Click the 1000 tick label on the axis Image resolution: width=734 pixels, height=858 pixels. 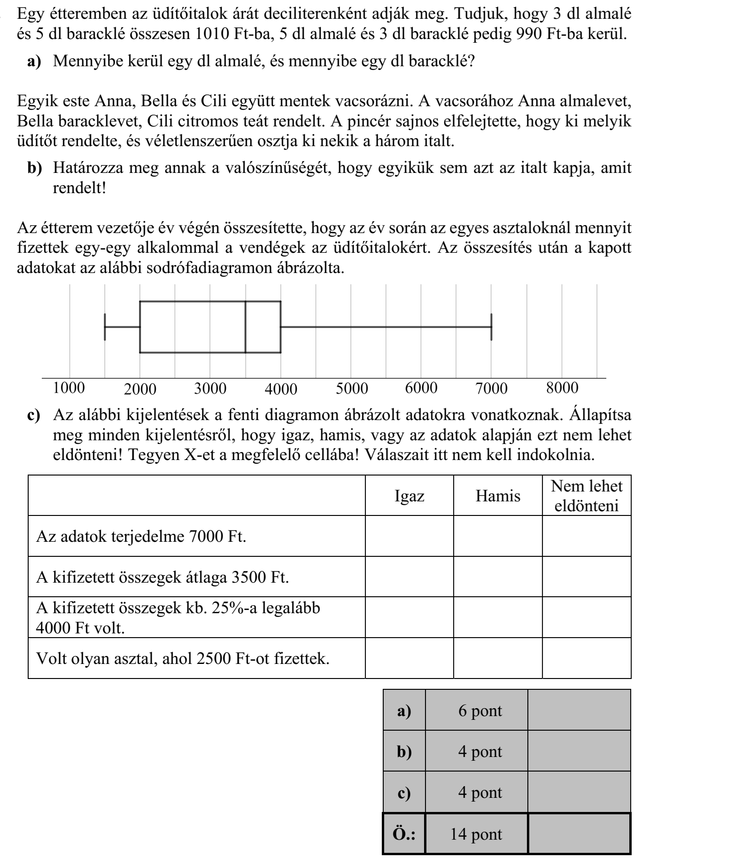(69, 388)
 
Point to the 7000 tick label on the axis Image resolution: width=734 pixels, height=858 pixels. (492, 389)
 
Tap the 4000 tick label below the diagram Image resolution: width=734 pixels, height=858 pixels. (281, 389)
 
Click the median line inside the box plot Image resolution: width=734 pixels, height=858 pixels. (246, 327)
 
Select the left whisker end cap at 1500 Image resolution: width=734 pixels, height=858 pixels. (105, 327)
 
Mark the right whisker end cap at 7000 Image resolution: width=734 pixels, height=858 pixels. (492, 327)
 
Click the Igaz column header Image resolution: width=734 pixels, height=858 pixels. (409, 496)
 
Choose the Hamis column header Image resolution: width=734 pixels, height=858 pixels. (498, 496)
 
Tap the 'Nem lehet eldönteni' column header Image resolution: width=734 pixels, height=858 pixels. (587, 496)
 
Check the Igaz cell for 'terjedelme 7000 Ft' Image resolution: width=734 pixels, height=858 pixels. (409, 536)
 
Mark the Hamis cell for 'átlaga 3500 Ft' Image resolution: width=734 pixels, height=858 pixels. (498, 577)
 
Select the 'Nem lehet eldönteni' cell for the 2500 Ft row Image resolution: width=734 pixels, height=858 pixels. (587, 658)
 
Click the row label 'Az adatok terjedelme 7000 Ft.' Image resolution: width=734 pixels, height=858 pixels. (141, 536)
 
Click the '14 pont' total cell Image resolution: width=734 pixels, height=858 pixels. (476, 834)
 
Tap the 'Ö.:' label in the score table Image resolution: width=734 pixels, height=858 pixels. (404, 834)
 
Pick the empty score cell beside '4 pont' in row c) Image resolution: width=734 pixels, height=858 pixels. (579, 793)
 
